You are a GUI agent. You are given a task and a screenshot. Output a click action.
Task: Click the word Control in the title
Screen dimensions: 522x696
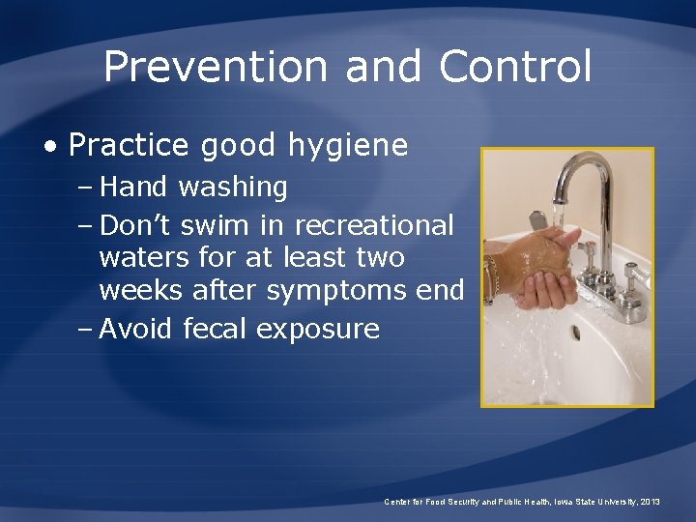514,67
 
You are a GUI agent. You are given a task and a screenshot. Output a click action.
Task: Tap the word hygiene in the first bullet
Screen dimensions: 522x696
348,146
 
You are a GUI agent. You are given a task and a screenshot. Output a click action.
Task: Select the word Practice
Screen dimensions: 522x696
130,145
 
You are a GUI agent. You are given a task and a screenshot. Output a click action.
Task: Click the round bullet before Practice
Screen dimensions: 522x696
49,146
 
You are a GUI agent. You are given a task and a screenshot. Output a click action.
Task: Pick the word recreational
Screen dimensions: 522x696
373,225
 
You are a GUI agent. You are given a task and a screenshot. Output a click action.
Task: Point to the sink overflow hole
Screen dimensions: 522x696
577,333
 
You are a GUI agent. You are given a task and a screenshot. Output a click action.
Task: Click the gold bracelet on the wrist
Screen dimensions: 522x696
492,276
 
